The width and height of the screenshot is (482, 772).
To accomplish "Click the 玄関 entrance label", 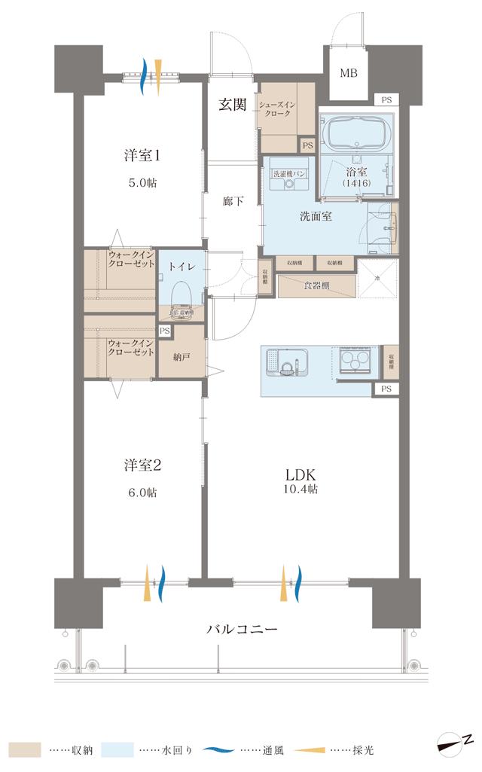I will [233, 105].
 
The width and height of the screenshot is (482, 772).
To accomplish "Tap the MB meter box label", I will [349, 73].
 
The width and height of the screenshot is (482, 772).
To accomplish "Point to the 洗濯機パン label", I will [287, 173].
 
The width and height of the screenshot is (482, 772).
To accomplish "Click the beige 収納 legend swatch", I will [20, 750].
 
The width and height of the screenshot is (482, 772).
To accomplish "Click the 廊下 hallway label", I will [233, 201].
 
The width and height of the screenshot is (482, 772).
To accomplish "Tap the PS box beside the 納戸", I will [165, 331].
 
